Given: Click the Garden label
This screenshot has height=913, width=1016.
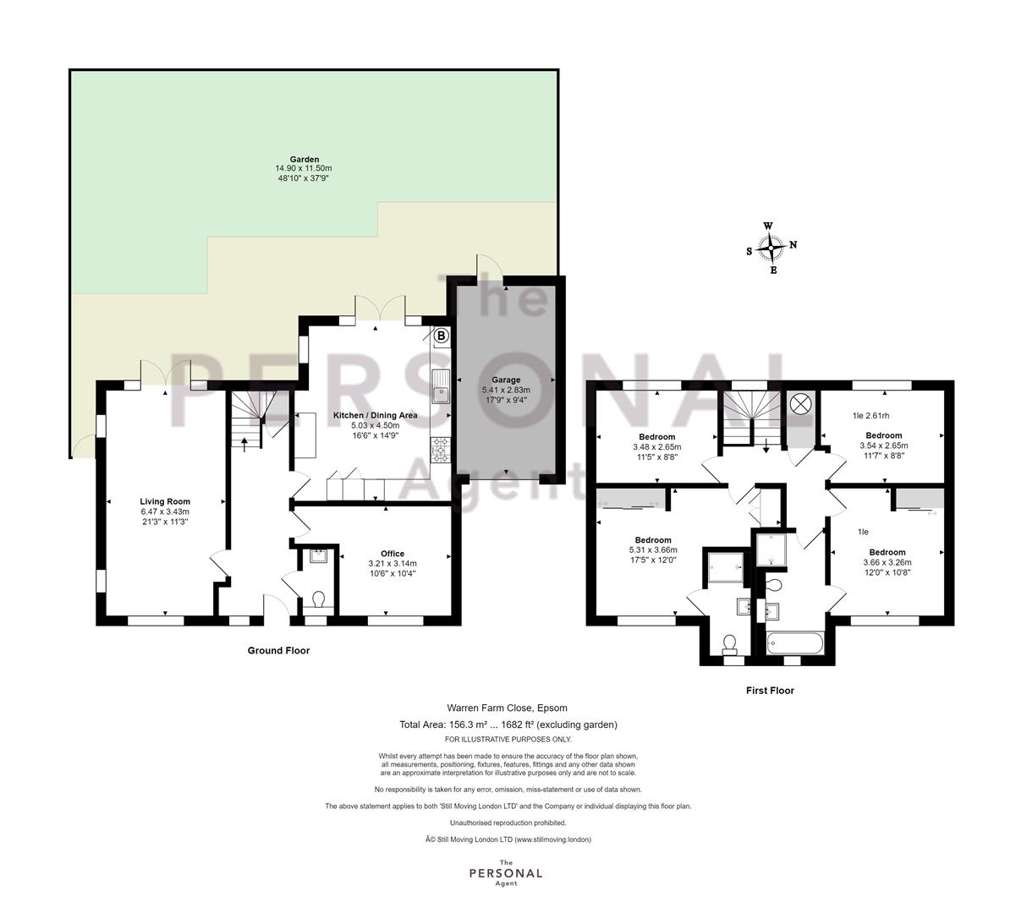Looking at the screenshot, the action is (x=304, y=159).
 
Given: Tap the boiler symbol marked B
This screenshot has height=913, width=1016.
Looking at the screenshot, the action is (x=441, y=336).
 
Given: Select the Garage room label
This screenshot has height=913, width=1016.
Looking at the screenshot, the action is (x=506, y=380).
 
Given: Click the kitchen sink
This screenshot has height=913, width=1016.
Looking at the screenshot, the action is (x=441, y=386).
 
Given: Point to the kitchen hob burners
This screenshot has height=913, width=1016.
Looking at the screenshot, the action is (x=441, y=451).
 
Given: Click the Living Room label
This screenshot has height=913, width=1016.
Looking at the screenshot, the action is (x=165, y=501).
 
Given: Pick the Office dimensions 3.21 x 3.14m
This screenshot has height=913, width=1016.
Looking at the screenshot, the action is (x=393, y=563).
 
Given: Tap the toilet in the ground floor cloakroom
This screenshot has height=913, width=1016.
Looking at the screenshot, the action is (x=319, y=599).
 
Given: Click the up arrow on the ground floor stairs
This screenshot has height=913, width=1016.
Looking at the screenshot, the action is (x=245, y=444).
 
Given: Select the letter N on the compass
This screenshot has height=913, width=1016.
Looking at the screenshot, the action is (x=794, y=244).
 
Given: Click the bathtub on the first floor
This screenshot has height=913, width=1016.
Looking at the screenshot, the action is (x=795, y=643).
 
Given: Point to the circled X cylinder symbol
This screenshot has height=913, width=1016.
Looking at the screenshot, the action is (x=801, y=404).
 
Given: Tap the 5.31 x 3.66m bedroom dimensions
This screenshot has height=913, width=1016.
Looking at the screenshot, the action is (x=653, y=549).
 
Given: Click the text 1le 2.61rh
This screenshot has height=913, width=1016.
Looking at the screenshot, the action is (x=871, y=416).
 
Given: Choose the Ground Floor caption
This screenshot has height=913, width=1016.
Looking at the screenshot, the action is (x=278, y=650).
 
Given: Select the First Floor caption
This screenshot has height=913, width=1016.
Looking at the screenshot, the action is (x=770, y=690).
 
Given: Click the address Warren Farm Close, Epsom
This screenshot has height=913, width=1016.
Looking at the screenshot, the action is (x=507, y=708).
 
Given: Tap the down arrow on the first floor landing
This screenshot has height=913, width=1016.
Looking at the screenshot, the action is (x=766, y=446).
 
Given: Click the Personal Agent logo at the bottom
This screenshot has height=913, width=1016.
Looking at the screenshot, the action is (x=506, y=873).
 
